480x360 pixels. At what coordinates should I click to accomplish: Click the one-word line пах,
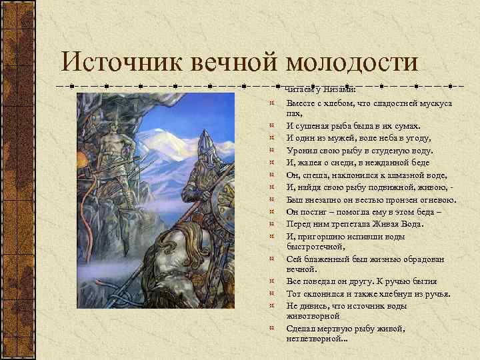coord(294,115)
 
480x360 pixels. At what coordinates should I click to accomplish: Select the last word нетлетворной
coord(315,338)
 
